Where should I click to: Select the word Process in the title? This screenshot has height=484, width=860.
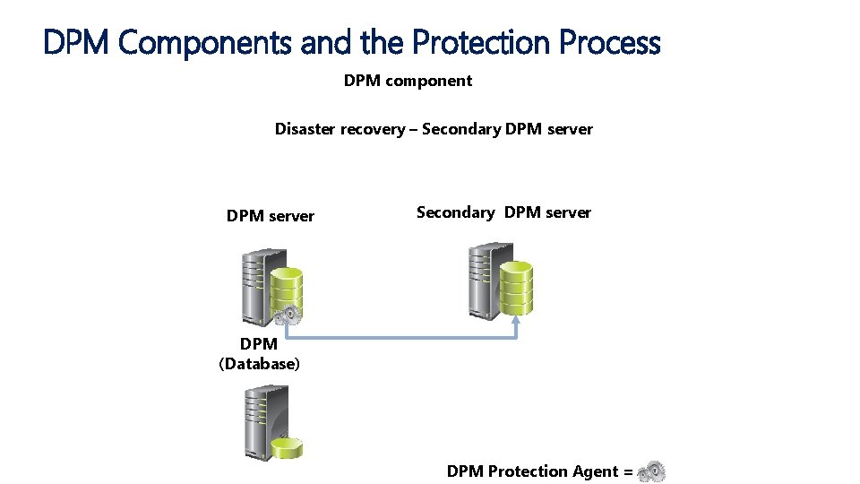point(610,42)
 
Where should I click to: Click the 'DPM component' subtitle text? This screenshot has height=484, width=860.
point(408,81)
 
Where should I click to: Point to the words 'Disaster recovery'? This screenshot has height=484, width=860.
point(340,129)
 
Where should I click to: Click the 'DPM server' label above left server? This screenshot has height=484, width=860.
point(271,216)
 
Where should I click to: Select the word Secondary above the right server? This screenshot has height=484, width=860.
point(455,212)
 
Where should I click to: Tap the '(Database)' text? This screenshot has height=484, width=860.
point(260,364)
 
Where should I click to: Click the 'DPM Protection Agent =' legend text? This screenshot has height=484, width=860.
point(539,471)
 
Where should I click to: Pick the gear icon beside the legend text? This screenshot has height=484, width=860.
point(652,471)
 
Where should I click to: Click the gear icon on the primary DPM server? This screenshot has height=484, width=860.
point(288,315)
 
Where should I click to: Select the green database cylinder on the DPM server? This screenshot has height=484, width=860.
point(287,287)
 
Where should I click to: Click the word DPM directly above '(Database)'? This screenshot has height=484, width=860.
point(259,344)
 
